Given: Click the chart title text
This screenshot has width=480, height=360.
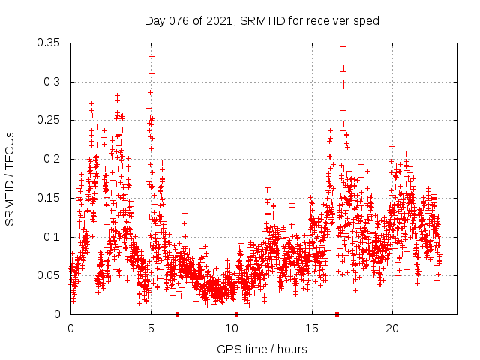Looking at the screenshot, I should pyautogui.click(x=262, y=21).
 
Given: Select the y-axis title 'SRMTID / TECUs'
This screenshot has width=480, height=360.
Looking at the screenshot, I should pyautogui.click(x=10, y=179).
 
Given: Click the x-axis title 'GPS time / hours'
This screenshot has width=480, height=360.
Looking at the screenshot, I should pyautogui.click(x=262, y=349).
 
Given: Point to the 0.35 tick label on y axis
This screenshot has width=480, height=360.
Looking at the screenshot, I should pyautogui.click(x=50, y=43).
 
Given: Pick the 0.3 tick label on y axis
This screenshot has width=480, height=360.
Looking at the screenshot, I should pyautogui.click(x=54, y=82).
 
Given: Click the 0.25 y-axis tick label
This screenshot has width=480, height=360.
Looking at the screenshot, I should pyautogui.click(x=50, y=120).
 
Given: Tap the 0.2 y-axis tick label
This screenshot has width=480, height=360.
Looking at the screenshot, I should pyautogui.click(x=54, y=159).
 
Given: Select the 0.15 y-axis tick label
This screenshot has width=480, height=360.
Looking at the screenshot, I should pyautogui.click(x=50, y=198).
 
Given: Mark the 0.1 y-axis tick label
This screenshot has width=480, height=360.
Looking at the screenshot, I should pyautogui.click(x=54, y=237).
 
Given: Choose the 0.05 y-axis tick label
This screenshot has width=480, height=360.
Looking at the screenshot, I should pyautogui.click(x=50, y=275).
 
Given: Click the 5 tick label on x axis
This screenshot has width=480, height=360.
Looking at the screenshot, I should pyautogui.click(x=151, y=328).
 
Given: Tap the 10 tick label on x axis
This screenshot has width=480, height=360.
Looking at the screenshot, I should pyautogui.click(x=231, y=328).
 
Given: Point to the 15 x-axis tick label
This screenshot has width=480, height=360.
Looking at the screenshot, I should pyautogui.click(x=311, y=328).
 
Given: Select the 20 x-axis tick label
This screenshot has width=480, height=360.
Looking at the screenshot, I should pyautogui.click(x=392, y=328).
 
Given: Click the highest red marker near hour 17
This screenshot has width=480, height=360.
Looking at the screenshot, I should pyautogui.click(x=343, y=46).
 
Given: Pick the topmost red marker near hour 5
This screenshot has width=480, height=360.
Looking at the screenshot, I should pyautogui.click(x=151, y=56).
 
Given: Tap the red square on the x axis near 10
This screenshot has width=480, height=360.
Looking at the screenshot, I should pyautogui.click(x=236, y=314).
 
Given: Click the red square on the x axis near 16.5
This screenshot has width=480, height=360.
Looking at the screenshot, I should pyautogui.click(x=337, y=314).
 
